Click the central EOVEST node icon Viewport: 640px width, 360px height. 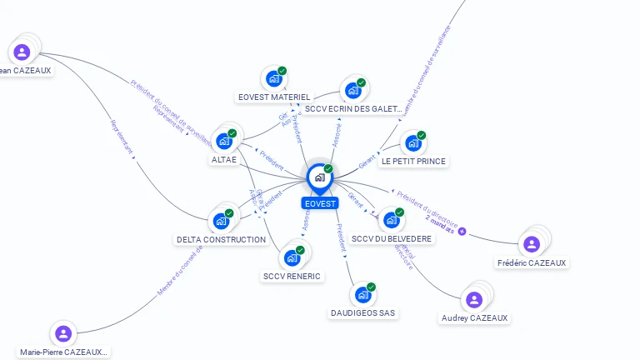coord(319,177)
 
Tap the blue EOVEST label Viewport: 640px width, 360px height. coord(320,203)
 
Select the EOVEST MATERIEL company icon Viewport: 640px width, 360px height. coord(272,79)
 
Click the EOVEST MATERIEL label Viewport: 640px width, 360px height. coord(274,97)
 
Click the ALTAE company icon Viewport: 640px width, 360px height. coord(223,141)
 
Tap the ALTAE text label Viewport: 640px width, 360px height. coord(224,160)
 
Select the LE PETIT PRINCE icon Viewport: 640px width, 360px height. coord(412,142)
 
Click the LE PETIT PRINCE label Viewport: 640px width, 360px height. coord(414,161)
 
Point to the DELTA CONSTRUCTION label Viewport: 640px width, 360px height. coord(221,240)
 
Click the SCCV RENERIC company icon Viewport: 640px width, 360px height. coord(292,257)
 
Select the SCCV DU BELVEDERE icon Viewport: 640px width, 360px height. coord(390,220)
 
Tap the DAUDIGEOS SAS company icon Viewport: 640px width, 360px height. coord(362,295)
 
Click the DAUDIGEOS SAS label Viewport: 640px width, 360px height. coord(363,313)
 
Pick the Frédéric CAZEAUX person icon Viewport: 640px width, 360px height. coord(531,243)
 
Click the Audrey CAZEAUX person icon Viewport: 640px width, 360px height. coord(473,299)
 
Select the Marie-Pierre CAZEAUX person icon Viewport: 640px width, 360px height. coord(62,334)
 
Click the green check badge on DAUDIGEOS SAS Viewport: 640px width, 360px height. coord(371,287)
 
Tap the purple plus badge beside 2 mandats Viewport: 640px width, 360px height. coord(462,231)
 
